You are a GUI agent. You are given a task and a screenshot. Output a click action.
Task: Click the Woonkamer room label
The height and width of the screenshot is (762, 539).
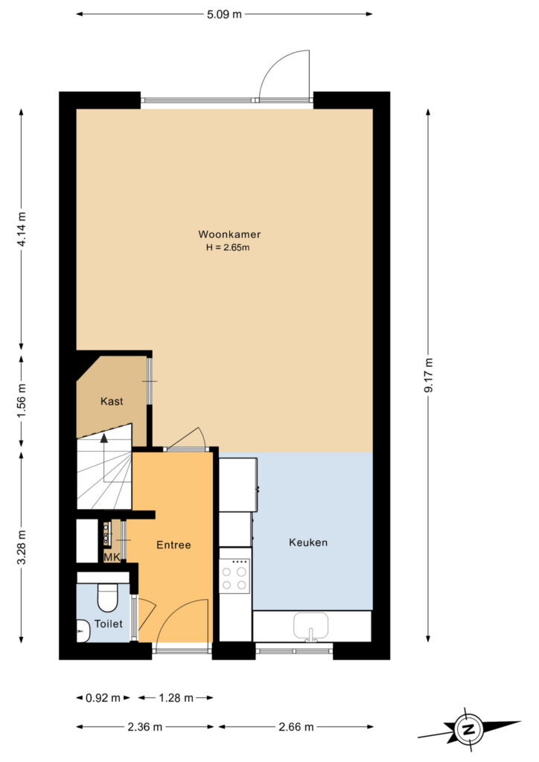point(229,234)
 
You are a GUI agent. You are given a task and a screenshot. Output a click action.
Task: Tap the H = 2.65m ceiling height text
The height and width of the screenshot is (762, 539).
point(228,247)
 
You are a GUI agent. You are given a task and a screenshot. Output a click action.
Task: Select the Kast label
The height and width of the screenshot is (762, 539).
point(112,401)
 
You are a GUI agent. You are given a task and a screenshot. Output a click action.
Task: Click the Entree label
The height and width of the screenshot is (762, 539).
point(173,545)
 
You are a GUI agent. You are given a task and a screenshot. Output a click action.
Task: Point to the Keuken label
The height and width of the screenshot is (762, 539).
point(308,542)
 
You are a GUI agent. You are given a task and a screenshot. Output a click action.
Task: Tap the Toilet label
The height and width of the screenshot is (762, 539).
point(109,624)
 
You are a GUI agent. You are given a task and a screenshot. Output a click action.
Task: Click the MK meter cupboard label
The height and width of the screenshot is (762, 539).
point(112,557)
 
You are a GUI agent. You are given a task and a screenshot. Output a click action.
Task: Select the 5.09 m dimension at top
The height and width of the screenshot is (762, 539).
point(224,14)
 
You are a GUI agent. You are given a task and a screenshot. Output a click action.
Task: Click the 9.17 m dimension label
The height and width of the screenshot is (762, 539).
point(428,375)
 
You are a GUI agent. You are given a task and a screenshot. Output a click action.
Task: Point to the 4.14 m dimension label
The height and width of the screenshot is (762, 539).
point(22,229)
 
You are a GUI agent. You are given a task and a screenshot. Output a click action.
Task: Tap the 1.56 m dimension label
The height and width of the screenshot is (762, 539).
point(22,400)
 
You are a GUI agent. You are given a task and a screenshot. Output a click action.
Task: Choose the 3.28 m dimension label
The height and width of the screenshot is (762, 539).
point(22,548)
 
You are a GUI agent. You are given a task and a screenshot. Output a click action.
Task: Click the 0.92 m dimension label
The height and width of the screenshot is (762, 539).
point(103,698)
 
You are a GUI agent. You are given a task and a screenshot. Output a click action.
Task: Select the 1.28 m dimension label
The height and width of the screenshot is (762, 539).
point(176,698)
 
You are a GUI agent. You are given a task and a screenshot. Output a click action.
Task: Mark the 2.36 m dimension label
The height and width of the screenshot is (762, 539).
point(145,727)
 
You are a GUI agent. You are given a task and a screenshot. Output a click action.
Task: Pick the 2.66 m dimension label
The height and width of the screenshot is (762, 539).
point(296,727)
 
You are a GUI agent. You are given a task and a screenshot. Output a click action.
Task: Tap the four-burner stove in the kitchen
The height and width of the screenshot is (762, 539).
point(235,577)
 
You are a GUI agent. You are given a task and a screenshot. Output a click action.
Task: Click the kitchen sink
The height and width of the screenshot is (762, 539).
point(310,625)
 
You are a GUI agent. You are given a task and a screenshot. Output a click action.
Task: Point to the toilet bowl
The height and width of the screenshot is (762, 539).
point(108,598)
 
